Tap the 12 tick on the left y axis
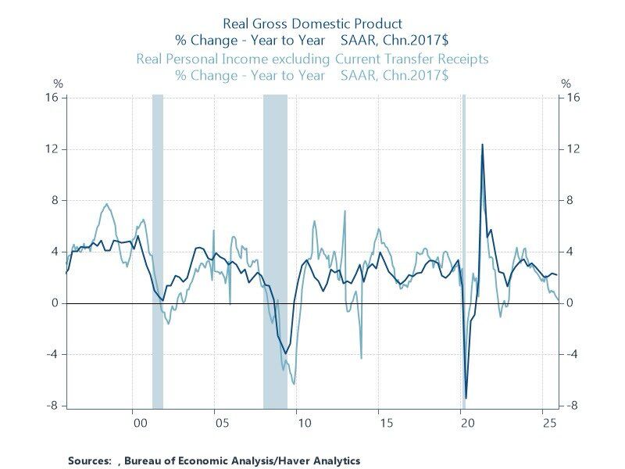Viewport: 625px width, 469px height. coord(56,149)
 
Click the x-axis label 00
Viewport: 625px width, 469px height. coord(139,423)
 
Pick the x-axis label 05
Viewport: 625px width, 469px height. coord(221,423)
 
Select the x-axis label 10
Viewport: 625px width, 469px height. coord(303,423)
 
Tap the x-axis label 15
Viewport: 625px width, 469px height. coord(385,423)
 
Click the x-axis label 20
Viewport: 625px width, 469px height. coord(467,423)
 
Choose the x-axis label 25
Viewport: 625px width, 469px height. coord(549,423)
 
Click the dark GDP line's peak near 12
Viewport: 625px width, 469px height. coord(482,145)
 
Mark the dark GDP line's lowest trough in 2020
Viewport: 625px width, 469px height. coord(466,398)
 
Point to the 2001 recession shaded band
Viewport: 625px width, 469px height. coord(157,250)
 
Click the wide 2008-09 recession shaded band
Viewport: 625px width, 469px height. coord(275,250)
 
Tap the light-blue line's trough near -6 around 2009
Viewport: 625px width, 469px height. coord(294,383)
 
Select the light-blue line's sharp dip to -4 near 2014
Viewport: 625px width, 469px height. coord(361,358)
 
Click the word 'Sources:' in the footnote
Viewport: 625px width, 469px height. coord(90,460)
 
